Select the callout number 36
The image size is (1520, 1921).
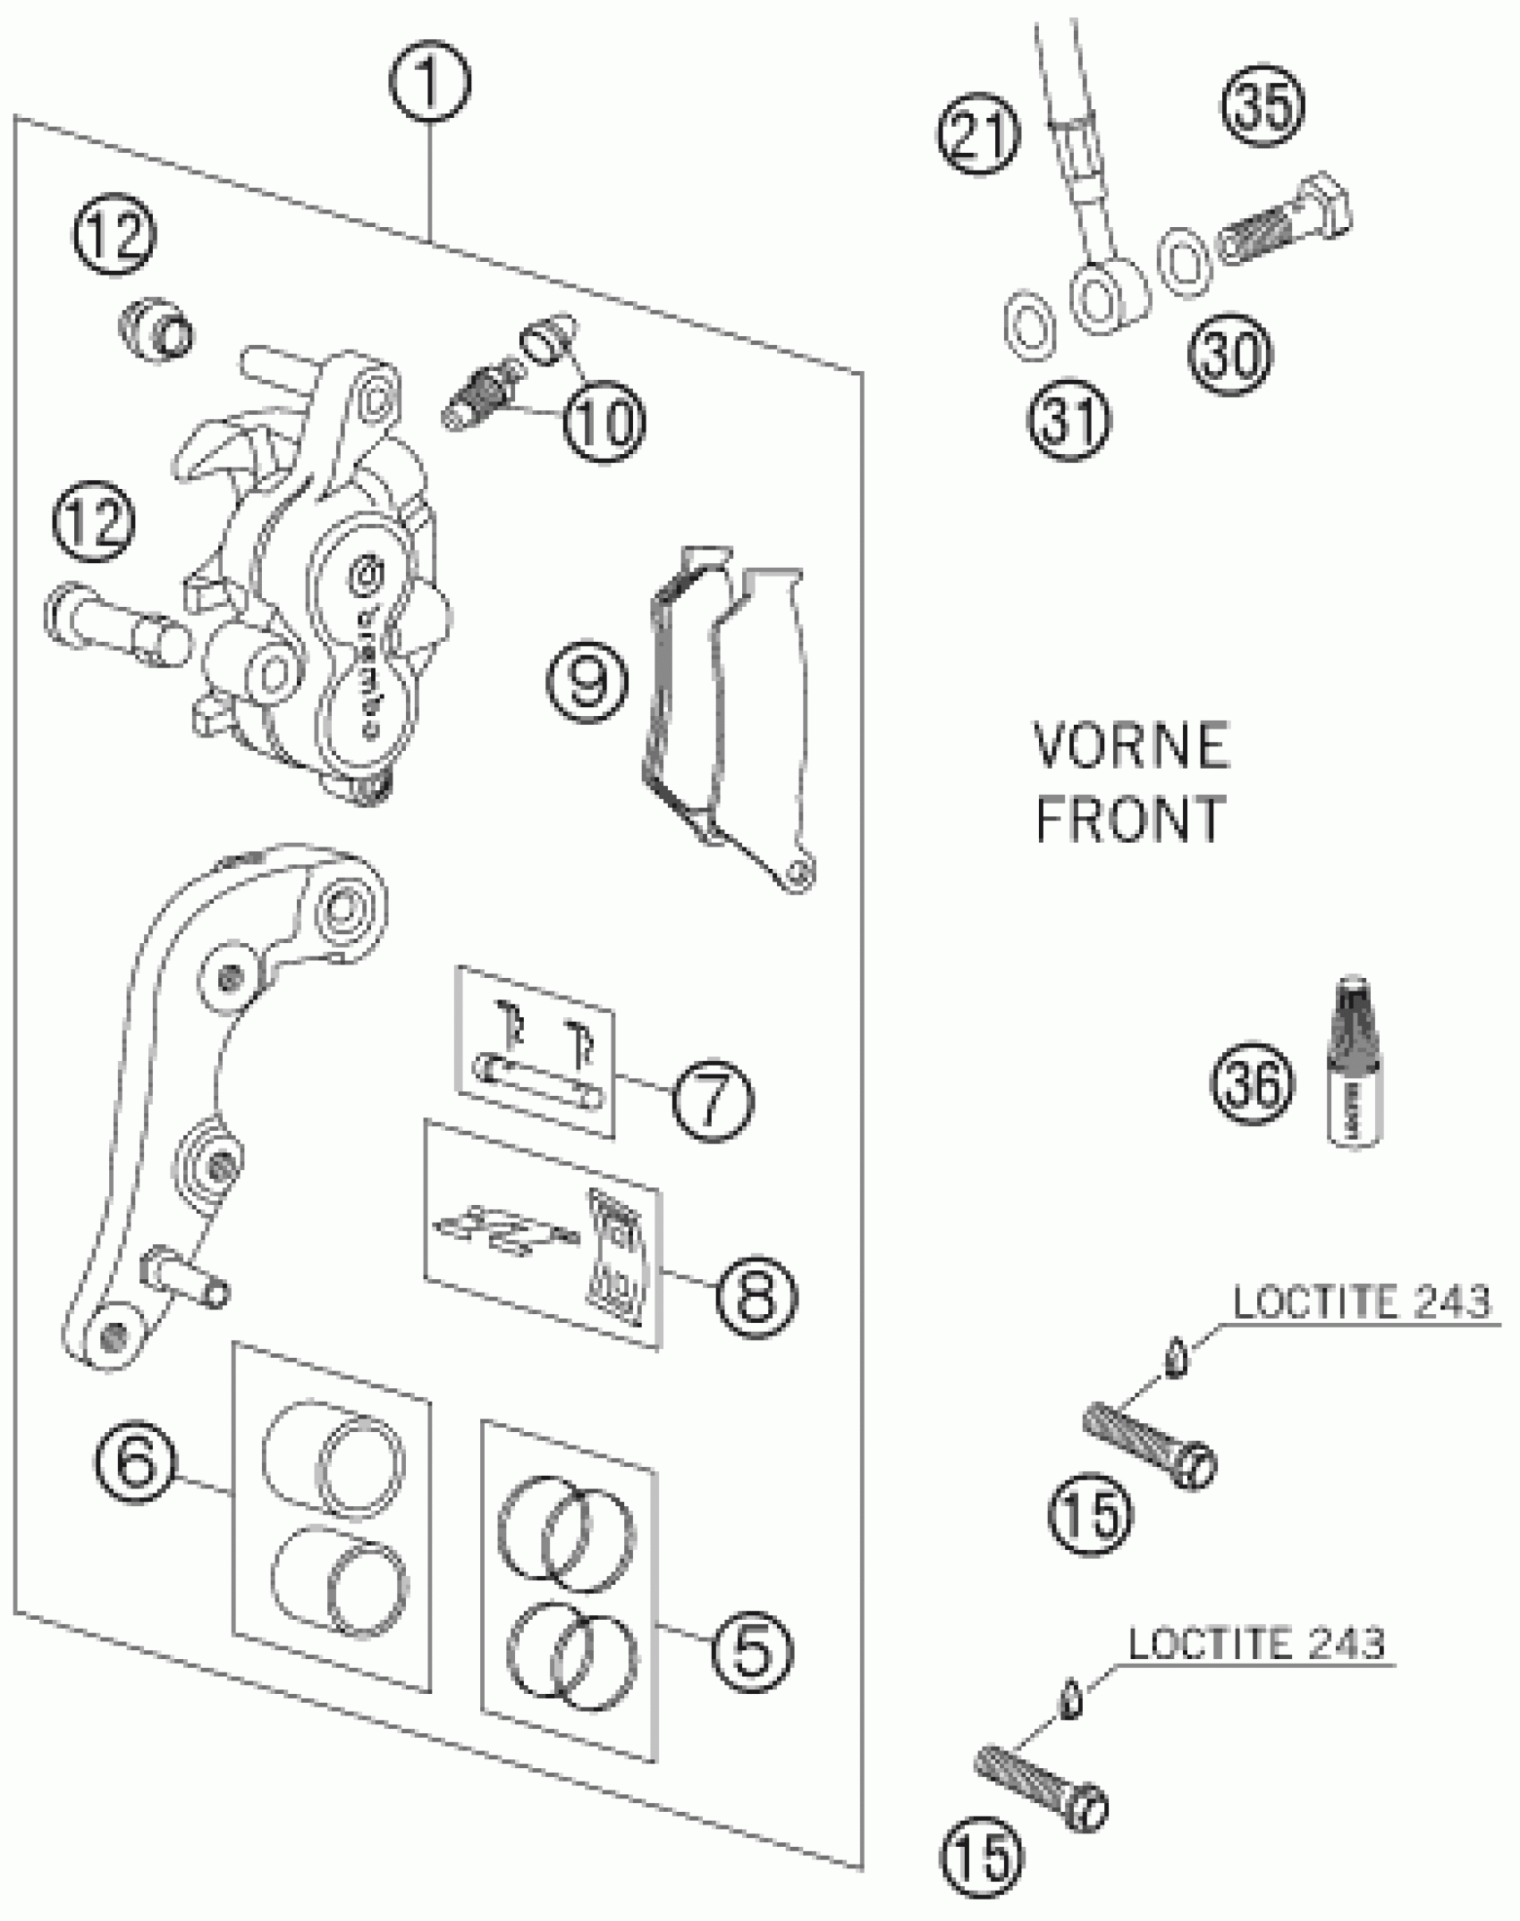point(1252,1084)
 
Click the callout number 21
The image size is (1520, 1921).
point(978,135)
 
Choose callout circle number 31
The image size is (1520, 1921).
point(1068,419)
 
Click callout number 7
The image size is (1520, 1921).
point(713,1100)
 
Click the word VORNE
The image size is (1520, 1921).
point(1131,747)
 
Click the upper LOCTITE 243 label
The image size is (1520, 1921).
point(1362,1302)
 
